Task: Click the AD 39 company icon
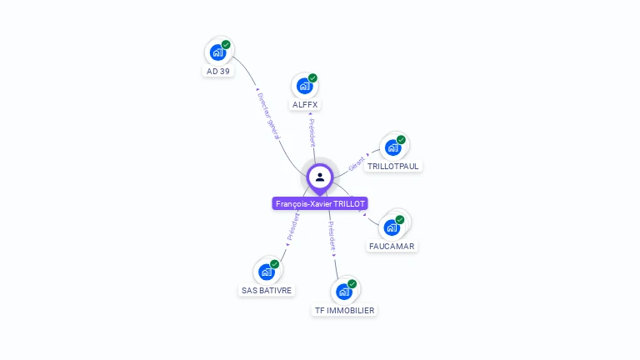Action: click(217, 52)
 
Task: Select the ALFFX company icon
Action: click(304, 86)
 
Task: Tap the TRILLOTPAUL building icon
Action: click(392, 147)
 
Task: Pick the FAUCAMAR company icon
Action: click(392, 227)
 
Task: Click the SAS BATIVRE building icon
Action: click(267, 272)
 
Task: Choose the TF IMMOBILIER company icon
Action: click(343, 292)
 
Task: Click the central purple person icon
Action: click(320, 177)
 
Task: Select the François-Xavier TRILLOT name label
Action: click(320, 203)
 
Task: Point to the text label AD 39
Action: click(217, 72)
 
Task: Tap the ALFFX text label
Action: click(305, 105)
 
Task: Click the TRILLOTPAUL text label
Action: click(393, 167)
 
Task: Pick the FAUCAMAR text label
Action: click(392, 247)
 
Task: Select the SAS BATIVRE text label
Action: click(267, 291)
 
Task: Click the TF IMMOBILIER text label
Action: click(344, 311)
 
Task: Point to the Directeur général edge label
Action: click(268, 116)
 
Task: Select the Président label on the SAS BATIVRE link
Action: click(292, 227)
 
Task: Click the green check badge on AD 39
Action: click(226, 45)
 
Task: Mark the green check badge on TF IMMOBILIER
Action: click(352, 284)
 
